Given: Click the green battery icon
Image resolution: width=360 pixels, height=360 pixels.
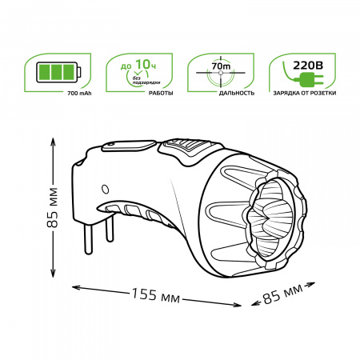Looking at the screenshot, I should (x=58, y=72).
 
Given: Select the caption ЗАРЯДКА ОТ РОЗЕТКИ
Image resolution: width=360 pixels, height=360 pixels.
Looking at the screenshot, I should (x=298, y=94).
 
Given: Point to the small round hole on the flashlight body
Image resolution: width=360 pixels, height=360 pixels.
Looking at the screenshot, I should (x=104, y=189).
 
